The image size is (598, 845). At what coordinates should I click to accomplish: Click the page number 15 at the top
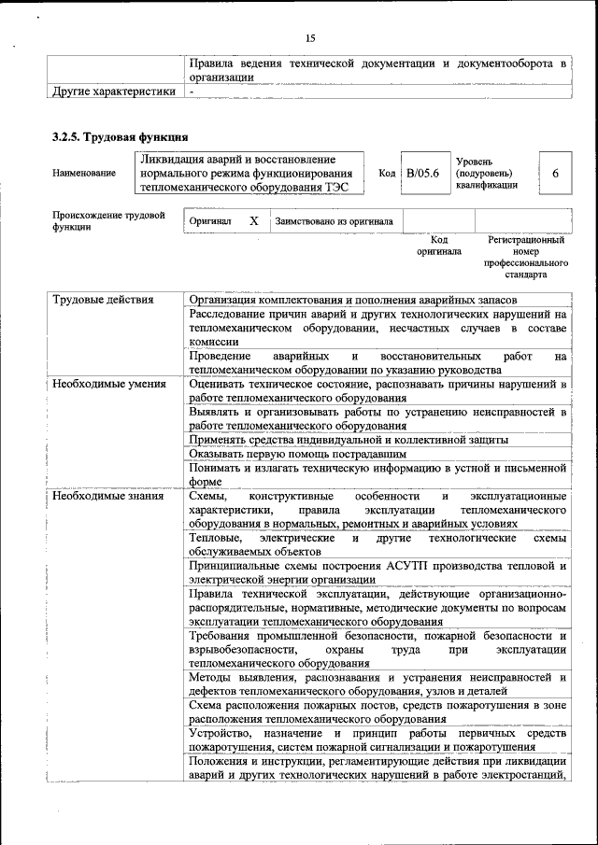pos(310,37)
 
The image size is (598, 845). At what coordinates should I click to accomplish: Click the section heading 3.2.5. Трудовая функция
pos(121,138)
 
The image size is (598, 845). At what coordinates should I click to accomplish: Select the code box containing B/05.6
pos(422,174)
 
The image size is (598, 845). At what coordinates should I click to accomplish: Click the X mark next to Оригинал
pos(253,221)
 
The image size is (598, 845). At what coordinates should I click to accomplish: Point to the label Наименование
pos(85,174)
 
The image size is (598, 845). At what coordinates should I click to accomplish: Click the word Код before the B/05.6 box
pos(387,174)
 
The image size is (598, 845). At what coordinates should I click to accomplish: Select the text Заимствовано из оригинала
pos(334,221)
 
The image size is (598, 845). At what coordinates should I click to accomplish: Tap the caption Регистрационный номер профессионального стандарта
pos(526,258)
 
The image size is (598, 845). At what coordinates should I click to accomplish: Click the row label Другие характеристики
pos(113,92)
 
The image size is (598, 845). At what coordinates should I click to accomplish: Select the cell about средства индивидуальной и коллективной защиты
pos(348,439)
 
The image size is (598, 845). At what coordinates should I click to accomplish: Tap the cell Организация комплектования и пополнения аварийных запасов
pos(350,301)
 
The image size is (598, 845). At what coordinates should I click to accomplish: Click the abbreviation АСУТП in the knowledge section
pos(407,566)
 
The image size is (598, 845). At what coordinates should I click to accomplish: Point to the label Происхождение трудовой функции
pos(108,221)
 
